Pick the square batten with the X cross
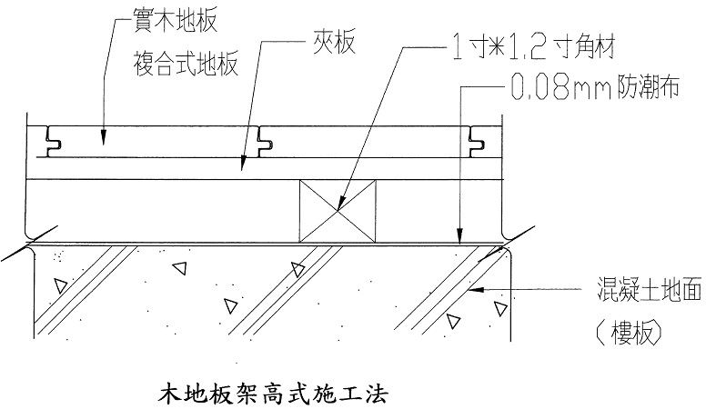(x=338, y=210)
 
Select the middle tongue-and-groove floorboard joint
(x=266, y=141)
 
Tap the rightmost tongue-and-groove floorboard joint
(x=475, y=141)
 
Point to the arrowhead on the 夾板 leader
(x=242, y=167)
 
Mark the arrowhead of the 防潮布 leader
(x=462, y=238)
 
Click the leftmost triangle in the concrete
(x=60, y=287)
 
